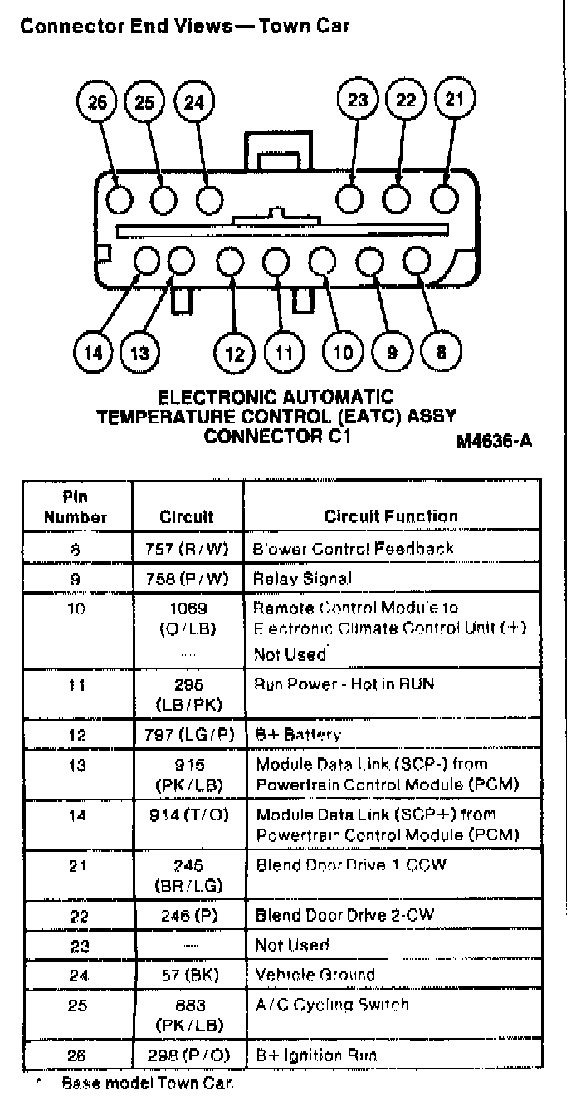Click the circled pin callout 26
coord(98,103)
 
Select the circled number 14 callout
coord(94,353)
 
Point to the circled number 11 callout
coord(284,354)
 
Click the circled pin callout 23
coord(358,101)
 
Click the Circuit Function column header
coord(391,516)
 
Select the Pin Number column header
coord(76,507)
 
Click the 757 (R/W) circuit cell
coord(187,548)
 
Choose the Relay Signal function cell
coord(302,578)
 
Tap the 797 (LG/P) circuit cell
coord(187,735)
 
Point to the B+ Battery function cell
coord(298,735)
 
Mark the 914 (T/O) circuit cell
coord(187,816)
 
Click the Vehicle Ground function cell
coord(315,975)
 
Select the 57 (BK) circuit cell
coord(187,975)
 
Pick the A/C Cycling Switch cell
coord(332,1005)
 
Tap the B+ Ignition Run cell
coord(316,1055)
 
